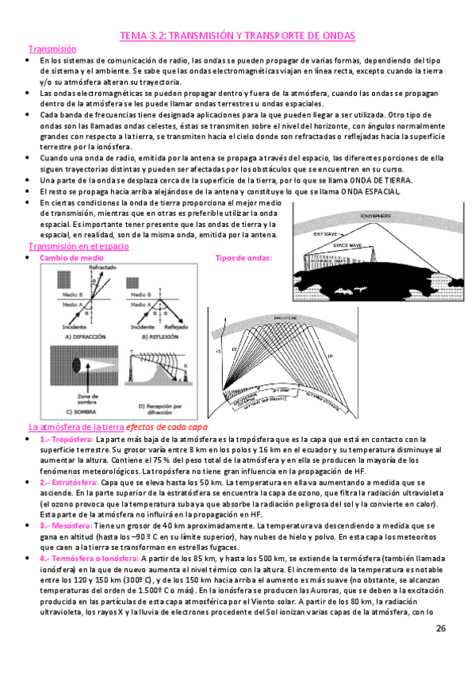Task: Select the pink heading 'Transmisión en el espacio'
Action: [78, 247]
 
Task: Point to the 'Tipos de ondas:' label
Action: [243, 258]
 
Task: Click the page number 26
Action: [442, 629]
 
